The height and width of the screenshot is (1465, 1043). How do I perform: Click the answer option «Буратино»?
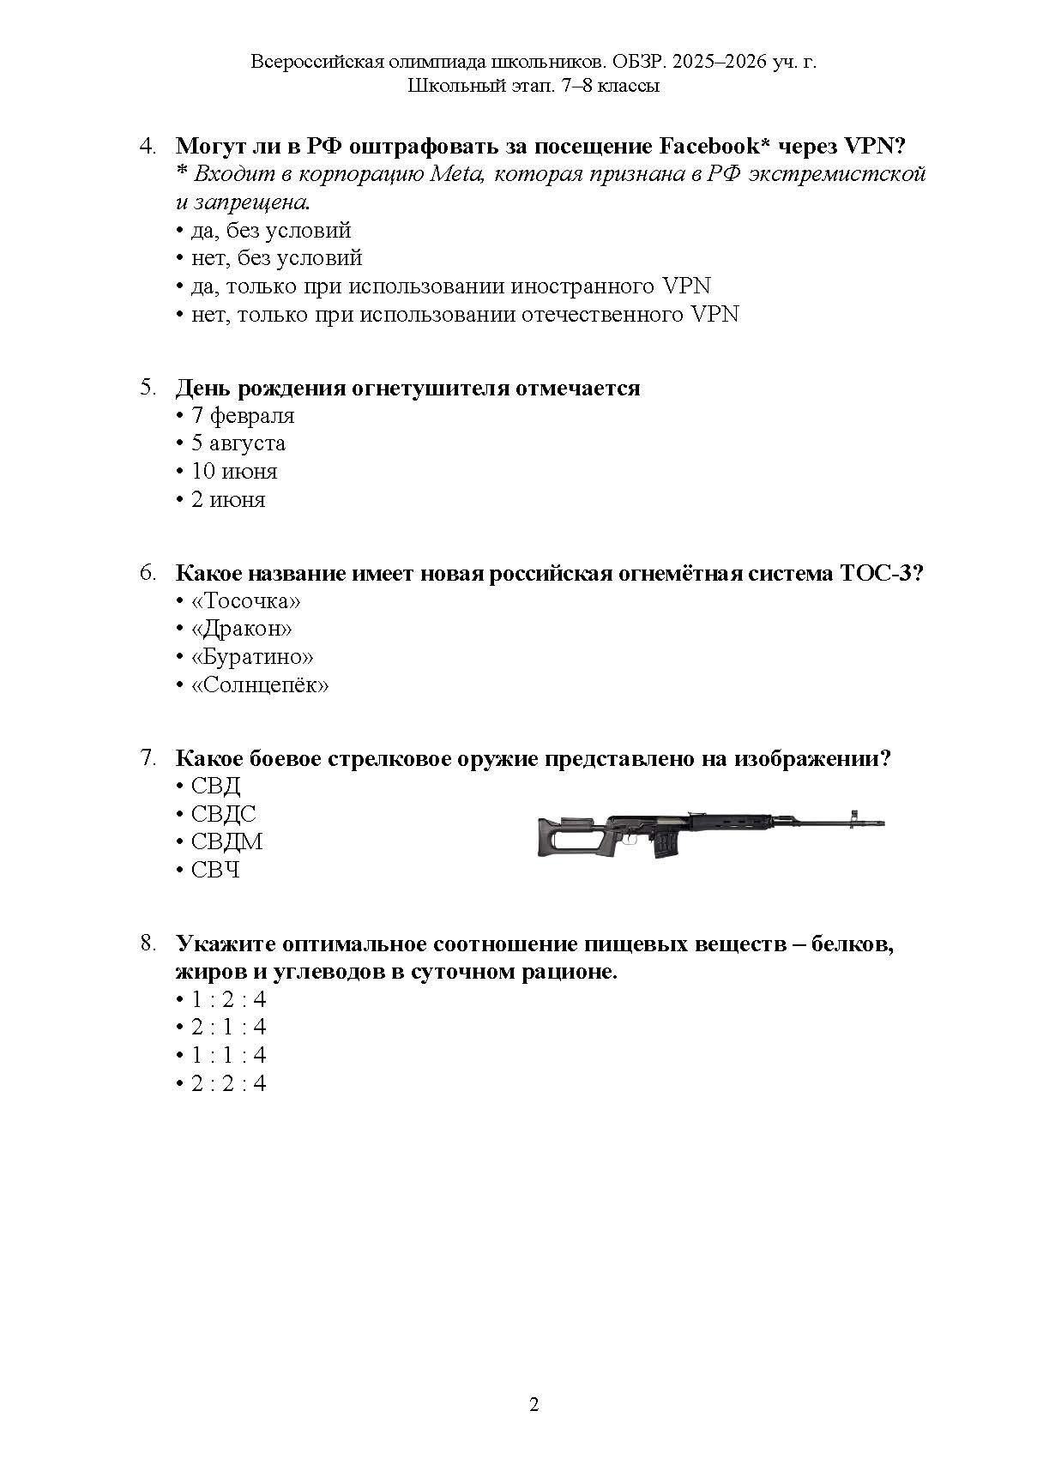252,657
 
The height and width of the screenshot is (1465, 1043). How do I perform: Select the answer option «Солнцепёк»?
260,685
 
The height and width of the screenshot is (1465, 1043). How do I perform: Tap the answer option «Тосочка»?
246,601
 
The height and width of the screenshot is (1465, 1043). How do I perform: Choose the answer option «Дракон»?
242,629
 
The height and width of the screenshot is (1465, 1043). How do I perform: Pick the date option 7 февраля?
243,416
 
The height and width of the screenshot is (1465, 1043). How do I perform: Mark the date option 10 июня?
234,472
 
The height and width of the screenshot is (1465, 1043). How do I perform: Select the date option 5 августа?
238,443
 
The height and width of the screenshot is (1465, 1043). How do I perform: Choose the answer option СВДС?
224,814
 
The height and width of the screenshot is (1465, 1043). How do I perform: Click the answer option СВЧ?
215,870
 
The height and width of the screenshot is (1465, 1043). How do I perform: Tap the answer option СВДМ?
226,841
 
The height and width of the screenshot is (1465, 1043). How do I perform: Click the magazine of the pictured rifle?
665,845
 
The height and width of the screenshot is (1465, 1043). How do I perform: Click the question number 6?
148,573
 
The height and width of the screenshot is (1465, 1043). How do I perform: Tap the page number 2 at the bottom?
534,1405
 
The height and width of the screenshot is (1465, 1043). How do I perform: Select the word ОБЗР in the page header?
640,62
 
